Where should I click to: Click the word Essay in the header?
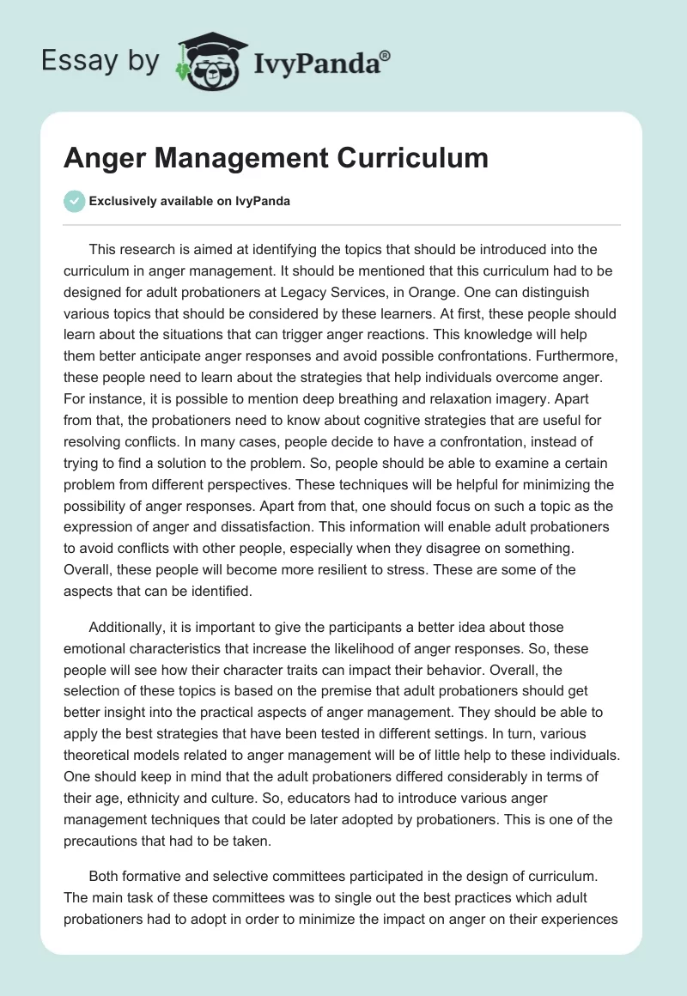[x=73, y=61]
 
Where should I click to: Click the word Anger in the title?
[x=103, y=158]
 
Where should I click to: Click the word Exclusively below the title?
[x=125, y=201]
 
